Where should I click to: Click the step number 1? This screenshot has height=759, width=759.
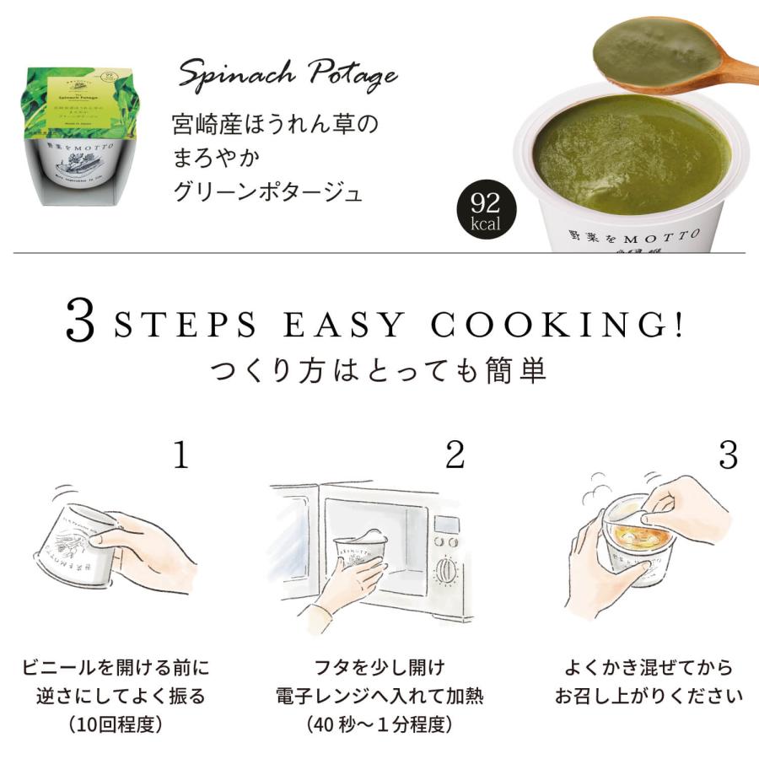[x=180, y=456]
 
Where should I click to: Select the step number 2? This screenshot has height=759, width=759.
[x=455, y=456]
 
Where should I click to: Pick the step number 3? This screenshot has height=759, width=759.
[x=727, y=456]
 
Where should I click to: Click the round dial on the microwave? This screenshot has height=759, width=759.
[x=445, y=572]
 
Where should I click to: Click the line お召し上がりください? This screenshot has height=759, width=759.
[x=648, y=697]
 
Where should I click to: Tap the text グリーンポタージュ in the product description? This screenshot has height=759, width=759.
[x=267, y=192]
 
